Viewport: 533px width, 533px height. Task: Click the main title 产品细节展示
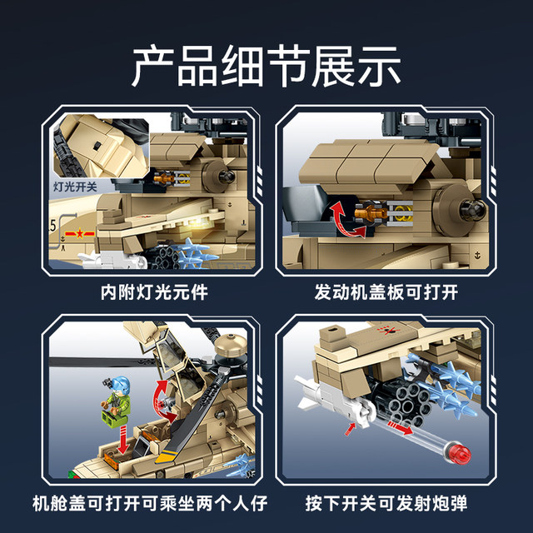pyautogui.click(x=266, y=66)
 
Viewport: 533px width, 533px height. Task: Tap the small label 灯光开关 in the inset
pyautogui.click(x=75, y=187)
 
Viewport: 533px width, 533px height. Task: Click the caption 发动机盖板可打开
pyautogui.click(x=386, y=293)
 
